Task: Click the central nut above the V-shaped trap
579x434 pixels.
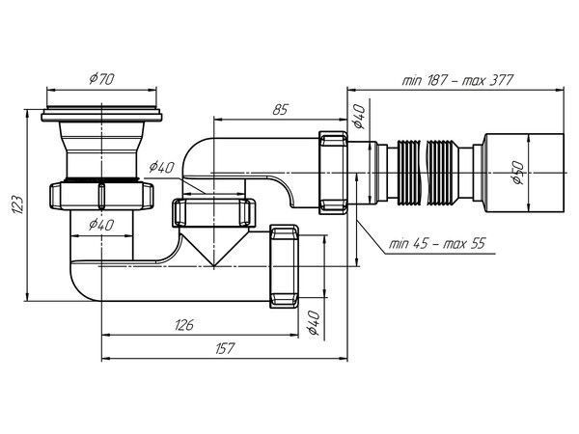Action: (x=214, y=213)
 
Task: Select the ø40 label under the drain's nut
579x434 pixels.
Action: (x=103, y=226)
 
